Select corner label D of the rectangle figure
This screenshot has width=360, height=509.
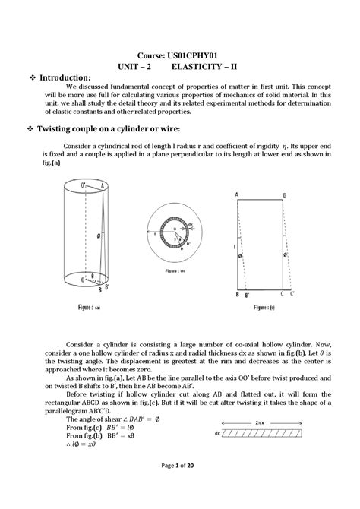point(284,195)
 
